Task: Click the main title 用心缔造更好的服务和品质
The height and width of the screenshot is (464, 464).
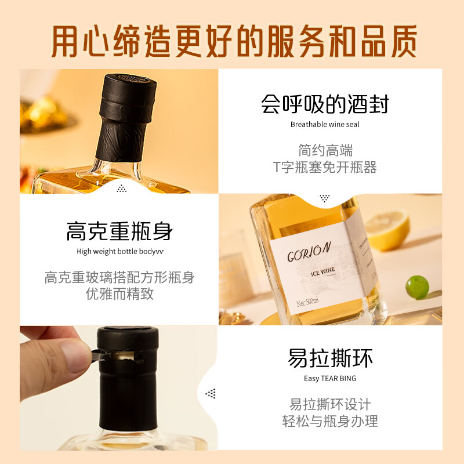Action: (x=232, y=39)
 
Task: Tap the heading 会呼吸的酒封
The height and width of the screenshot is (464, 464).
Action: (x=324, y=104)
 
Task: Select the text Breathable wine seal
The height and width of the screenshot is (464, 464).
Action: (x=324, y=124)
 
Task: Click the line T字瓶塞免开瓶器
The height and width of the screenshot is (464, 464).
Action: (x=325, y=168)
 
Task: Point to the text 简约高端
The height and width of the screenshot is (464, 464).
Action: (x=325, y=151)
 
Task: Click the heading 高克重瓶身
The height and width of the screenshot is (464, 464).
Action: (x=119, y=231)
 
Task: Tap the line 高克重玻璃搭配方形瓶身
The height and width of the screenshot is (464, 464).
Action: (x=119, y=277)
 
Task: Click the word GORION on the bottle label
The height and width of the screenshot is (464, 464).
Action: (x=309, y=252)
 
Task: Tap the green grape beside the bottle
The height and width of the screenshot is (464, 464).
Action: (x=416, y=287)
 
